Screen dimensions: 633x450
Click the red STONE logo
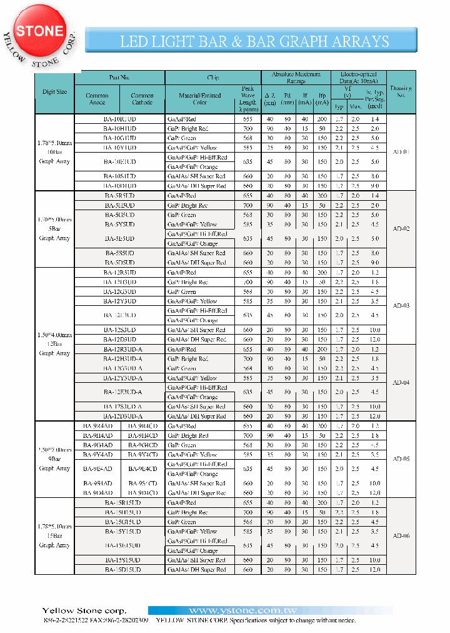pos(39,31)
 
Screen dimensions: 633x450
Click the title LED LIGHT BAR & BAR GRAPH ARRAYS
pos(254,41)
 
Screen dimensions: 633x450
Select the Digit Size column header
pos(54,91)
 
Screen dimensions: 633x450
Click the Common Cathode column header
pos(142,99)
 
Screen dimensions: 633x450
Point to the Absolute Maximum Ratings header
pos(296,77)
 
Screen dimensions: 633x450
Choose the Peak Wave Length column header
pos(247,99)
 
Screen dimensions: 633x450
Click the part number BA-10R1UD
pos(119,118)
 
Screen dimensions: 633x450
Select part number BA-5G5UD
pos(119,215)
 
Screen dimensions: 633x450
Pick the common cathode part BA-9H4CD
pos(142,435)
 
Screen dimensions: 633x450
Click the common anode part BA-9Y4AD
pos(97,455)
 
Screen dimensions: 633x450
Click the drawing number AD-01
pos(401,152)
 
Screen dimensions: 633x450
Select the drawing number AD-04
pos(401,382)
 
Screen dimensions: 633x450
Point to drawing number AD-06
pos(401,536)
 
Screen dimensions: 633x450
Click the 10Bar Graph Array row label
pos(54,152)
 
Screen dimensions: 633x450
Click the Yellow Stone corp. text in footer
pos(84,610)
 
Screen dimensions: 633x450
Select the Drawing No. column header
pos(401,91)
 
